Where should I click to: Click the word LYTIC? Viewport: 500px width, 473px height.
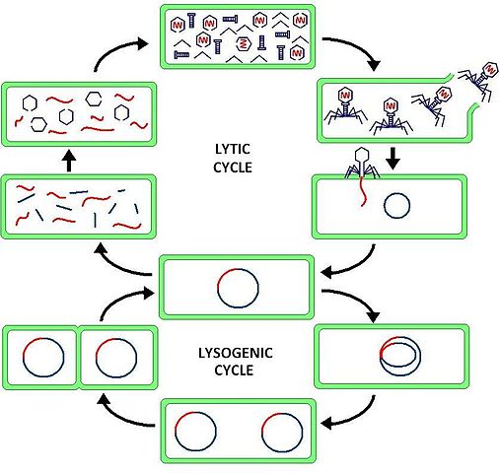pos(233,149)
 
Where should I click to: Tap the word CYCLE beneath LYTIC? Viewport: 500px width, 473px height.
pos(233,168)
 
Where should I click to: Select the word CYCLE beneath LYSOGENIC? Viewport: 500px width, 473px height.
pos(234,371)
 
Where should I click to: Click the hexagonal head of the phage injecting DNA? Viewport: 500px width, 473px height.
pos(361,157)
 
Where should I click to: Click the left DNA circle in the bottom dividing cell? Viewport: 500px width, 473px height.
pos(193,432)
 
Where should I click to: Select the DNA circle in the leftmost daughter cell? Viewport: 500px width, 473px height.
pos(42,356)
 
